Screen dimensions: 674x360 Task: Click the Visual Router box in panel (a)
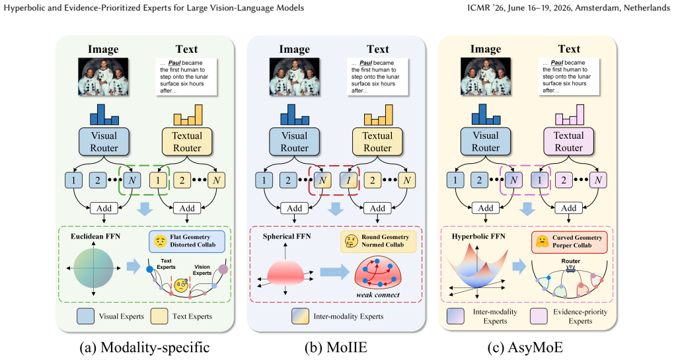point(104,142)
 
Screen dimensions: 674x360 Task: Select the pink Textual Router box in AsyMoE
point(569,141)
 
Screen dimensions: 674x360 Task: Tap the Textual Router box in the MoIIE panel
point(377,142)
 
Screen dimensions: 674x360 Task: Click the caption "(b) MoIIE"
point(336,347)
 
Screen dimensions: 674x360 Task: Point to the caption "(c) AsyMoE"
point(525,347)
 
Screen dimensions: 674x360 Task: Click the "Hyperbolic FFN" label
point(478,236)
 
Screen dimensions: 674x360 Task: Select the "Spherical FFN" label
point(287,236)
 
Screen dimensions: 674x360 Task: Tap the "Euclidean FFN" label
point(95,236)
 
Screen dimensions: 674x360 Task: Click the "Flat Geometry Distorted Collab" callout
point(187,241)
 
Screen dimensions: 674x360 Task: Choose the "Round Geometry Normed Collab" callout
point(378,241)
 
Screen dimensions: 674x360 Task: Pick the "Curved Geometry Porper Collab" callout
point(570,242)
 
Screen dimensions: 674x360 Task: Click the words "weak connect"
point(378,295)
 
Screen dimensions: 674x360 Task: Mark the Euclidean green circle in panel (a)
point(93,268)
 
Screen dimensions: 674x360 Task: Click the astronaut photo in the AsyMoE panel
point(486,77)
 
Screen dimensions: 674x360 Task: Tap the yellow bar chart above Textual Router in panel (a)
point(188,115)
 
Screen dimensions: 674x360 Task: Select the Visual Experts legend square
point(85,316)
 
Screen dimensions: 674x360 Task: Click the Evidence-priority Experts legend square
point(539,316)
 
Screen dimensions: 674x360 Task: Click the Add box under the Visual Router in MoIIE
point(295,208)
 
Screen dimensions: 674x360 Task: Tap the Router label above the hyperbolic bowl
point(570,261)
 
